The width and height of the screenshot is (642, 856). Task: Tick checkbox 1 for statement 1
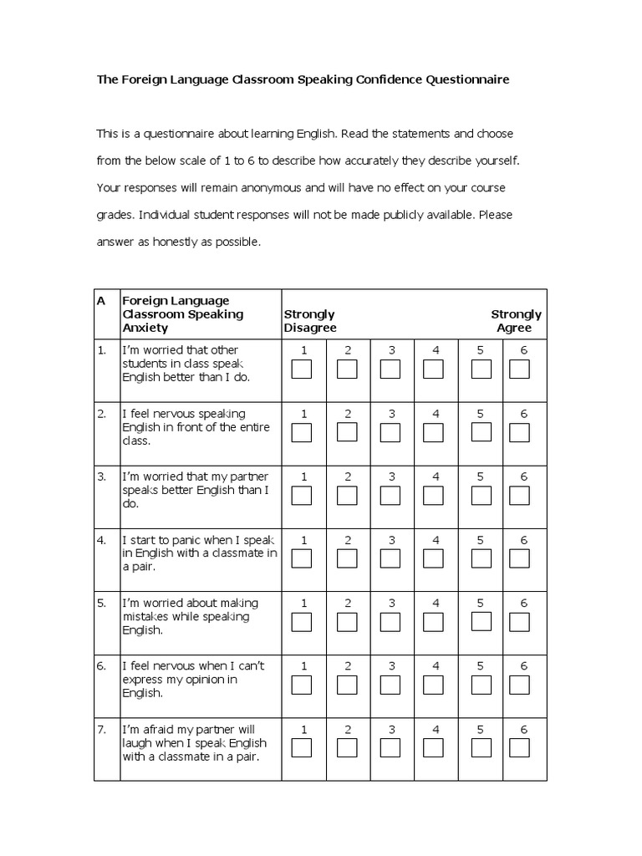(302, 369)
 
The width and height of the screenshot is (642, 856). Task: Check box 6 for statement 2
(520, 432)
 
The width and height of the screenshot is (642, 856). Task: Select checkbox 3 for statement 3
(390, 495)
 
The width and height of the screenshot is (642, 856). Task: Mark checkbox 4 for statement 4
(433, 558)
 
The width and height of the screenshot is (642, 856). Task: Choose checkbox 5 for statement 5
(481, 621)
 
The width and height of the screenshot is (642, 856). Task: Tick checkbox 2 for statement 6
(347, 685)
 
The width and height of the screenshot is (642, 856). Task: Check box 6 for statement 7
(520, 747)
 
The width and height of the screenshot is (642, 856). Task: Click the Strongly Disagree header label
(310, 321)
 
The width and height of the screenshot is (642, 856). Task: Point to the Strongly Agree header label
(515, 321)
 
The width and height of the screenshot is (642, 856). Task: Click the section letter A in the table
(101, 300)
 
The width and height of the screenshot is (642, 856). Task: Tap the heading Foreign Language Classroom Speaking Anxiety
(183, 314)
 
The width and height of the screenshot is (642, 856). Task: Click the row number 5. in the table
(101, 603)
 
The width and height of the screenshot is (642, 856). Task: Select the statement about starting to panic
(199, 553)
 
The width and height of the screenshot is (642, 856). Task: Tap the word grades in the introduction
(115, 215)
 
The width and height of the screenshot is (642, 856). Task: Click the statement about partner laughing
(194, 743)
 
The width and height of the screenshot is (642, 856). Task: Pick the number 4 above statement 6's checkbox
(436, 666)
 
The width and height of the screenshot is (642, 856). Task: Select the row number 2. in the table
(101, 414)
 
